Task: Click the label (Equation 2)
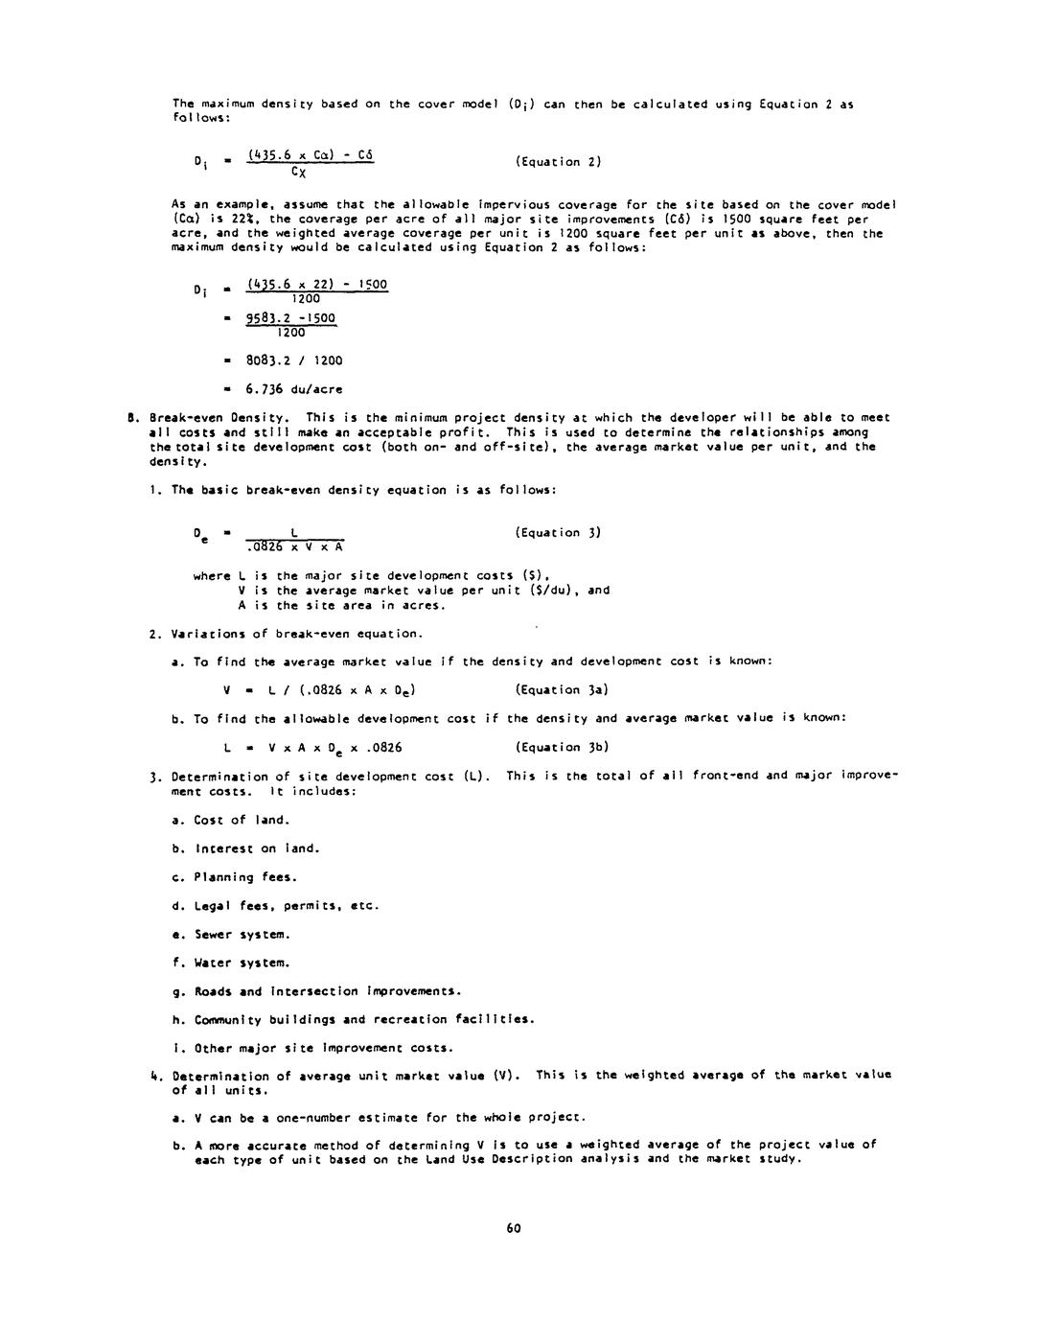point(558,162)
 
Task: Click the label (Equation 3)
point(558,533)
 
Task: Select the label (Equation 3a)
point(562,690)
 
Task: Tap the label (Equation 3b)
point(562,748)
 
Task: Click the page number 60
point(513,1228)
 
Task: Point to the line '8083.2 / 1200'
point(294,361)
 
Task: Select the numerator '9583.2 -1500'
point(291,318)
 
